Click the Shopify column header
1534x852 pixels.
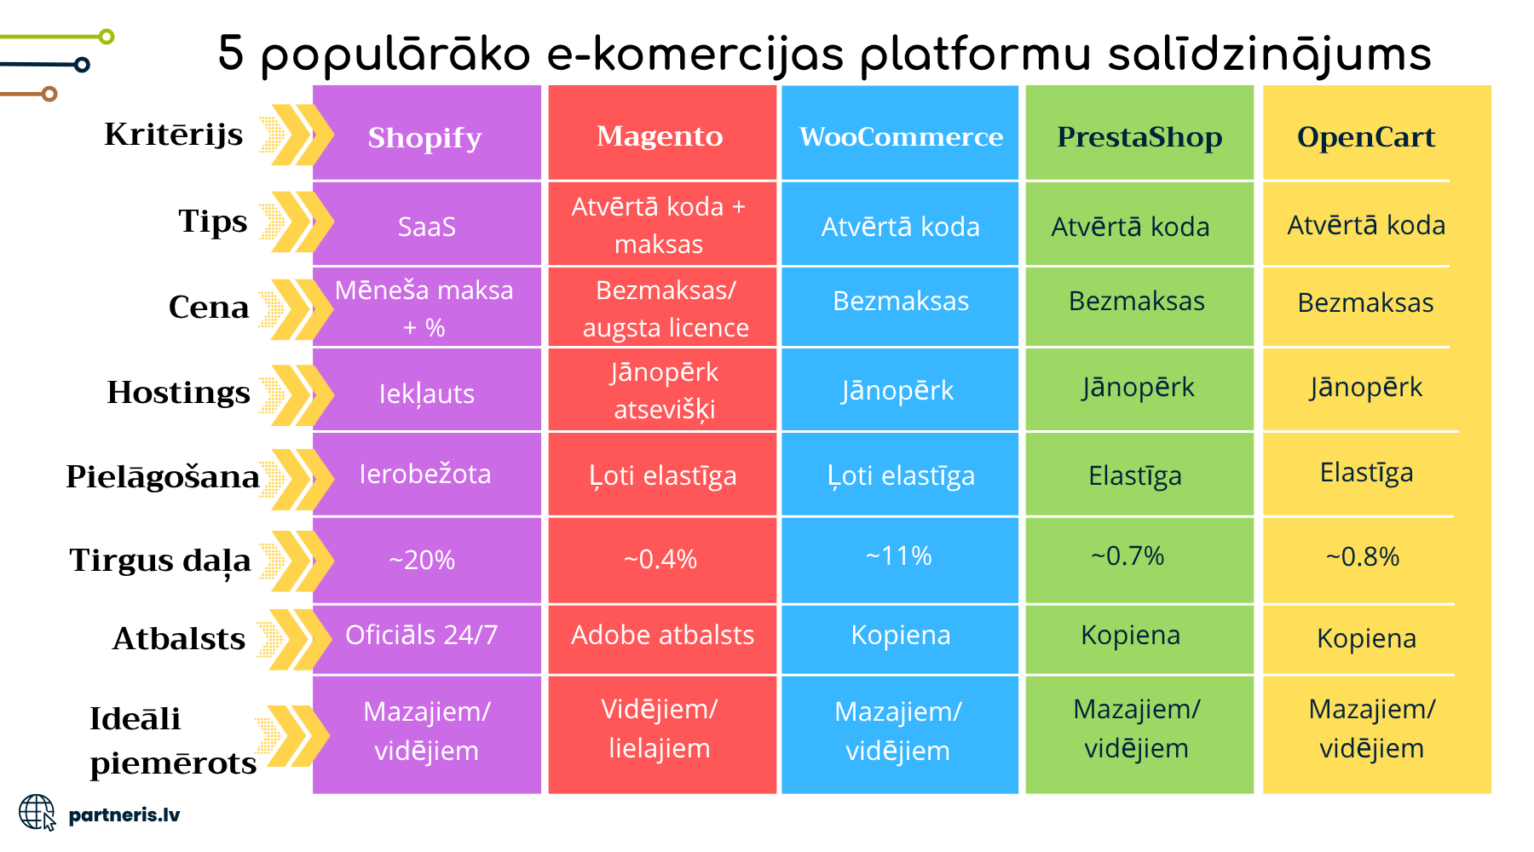(x=424, y=138)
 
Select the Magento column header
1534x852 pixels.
(x=660, y=136)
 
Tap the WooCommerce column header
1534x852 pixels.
(x=901, y=136)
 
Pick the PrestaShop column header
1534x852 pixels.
(x=1139, y=137)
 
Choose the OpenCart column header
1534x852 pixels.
(x=1366, y=137)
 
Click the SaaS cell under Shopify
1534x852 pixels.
(x=427, y=227)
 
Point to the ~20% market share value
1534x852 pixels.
(x=422, y=560)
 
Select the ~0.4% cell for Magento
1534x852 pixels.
(x=660, y=559)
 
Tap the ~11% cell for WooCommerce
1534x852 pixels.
(x=899, y=556)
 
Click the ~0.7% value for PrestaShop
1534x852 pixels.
(x=1127, y=556)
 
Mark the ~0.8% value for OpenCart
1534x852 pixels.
(x=1363, y=556)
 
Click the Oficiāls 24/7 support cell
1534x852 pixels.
(x=421, y=635)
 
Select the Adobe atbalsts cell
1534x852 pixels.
(x=662, y=635)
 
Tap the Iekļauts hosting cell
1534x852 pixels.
(x=427, y=394)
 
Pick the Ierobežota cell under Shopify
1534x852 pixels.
(x=425, y=474)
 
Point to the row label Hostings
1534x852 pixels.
(x=178, y=393)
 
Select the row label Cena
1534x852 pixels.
(x=209, y=307)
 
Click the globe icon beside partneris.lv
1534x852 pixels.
(x=37, y=813)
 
